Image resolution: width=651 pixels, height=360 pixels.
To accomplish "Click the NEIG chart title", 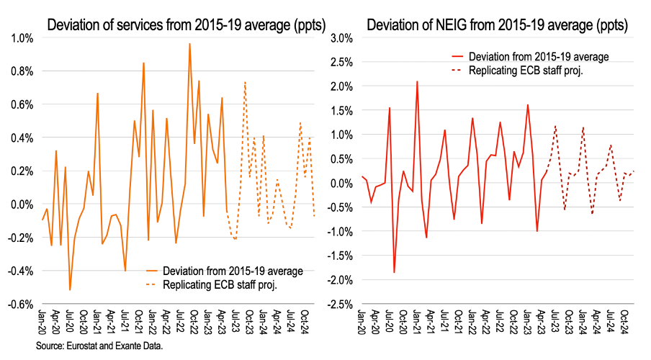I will tap(496, 26).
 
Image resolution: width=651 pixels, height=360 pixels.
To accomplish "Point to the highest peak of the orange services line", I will tap(189, 44).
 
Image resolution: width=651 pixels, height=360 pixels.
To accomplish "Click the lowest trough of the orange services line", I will tap(70, 290).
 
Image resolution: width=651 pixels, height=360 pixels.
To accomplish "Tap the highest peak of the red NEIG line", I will tap(417, 81).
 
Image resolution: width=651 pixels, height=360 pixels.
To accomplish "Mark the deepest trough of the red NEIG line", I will tap(394, 272).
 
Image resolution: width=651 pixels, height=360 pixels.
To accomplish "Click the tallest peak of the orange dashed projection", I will tap(245, 82).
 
